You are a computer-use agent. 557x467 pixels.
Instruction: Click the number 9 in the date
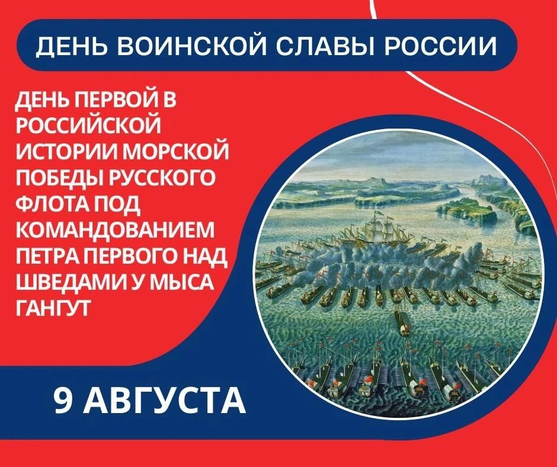63,400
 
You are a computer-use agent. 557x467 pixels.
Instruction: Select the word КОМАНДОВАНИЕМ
115,229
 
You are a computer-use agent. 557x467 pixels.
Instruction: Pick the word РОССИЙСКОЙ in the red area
88,124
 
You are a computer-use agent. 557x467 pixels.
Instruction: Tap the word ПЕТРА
49,255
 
